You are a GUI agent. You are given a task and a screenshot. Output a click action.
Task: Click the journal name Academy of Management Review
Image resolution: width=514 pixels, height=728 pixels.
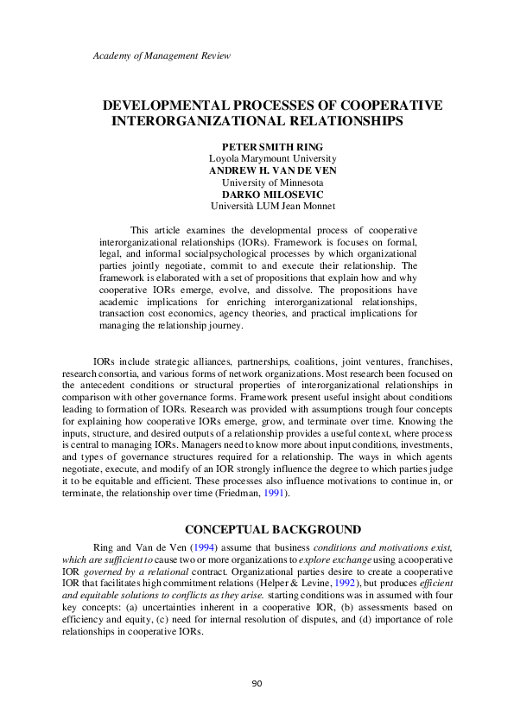162,56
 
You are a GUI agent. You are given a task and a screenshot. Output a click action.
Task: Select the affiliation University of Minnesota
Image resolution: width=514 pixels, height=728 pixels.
273,183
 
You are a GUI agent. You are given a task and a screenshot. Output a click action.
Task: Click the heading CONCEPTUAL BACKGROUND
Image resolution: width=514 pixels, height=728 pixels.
274,529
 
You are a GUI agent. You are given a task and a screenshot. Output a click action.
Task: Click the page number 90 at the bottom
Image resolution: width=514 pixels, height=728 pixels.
257,684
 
